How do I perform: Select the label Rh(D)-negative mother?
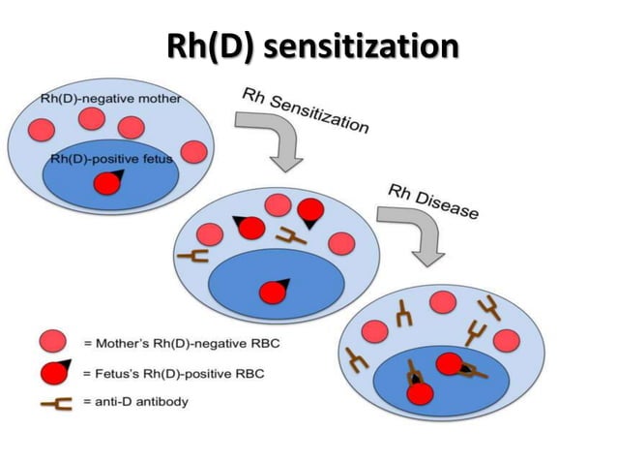click(x=110, y=99)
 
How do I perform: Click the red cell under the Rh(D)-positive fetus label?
click(x=108, y=183)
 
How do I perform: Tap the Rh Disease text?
click(x=432, y=201)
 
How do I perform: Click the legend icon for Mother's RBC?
click(x=52, y=340)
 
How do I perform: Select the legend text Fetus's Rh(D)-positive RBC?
click(x=174, y=372)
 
